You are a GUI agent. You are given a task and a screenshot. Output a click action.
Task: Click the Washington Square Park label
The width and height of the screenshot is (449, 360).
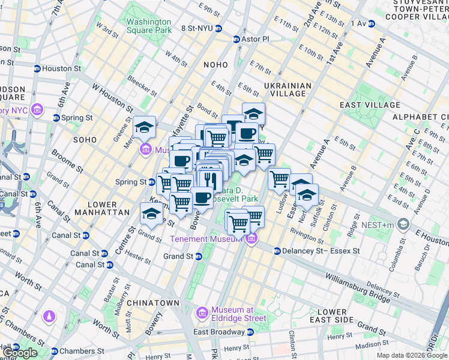149,28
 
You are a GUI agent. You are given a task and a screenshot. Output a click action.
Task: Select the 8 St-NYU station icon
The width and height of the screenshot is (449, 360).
218,28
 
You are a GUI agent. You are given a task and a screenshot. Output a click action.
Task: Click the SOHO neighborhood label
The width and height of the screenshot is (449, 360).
85,139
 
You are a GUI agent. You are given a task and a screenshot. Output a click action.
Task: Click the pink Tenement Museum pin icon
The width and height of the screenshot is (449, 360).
252,239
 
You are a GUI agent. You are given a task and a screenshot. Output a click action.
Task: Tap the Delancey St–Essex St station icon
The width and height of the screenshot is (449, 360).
277,251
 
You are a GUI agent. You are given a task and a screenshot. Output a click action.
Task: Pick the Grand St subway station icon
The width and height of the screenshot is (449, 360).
199,256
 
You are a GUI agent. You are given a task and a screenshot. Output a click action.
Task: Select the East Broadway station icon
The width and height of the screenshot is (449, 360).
250,332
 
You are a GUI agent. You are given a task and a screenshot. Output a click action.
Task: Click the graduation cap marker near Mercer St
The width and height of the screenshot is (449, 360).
144,127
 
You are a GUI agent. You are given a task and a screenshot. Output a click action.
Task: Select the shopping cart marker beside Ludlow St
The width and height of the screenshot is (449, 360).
279,178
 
